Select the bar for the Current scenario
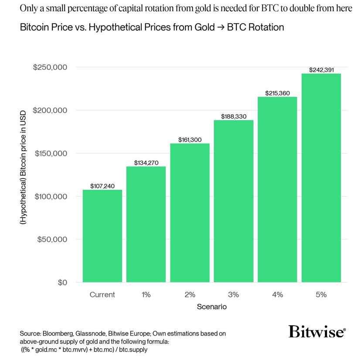(x=102, y=236)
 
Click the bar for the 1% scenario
(x=146, y=225)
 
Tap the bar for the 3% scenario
(x=233, y=201)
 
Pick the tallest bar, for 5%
(x=321, y=178)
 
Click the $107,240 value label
(x=102, y=186)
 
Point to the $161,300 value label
(x=190, y=140)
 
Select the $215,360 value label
(x=277, y=93)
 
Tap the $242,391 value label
(x=321, y=70)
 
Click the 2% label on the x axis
(x=190, y=295)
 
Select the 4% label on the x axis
(x=277, y=295)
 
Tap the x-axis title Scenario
(x=211, y=307)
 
